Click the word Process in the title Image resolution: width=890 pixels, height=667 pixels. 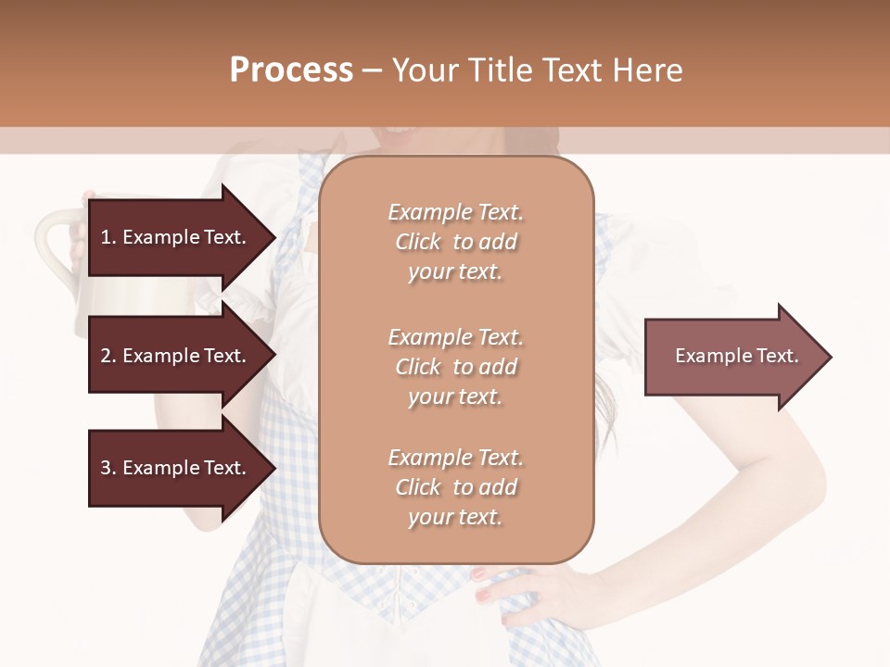click(x=291, y=70)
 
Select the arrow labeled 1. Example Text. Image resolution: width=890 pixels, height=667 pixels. click(x=176, y=237)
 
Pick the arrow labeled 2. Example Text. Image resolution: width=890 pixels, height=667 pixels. click(x=176, y=356)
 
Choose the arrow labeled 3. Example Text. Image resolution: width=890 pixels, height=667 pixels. click(x=176, y=468)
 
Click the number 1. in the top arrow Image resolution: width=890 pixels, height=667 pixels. click(x=108, y=237)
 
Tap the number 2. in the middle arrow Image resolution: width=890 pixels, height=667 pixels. click(x=108, y=356)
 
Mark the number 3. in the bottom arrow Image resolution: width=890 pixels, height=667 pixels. click(x=108, y=468)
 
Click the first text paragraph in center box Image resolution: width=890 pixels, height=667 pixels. click(x=455, y=242)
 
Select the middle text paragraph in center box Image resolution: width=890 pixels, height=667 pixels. click(x=455, y=367)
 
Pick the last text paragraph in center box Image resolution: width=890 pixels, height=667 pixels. click(x=455, y=487)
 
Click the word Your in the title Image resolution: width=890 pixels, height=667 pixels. click(x=423, y=70)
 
